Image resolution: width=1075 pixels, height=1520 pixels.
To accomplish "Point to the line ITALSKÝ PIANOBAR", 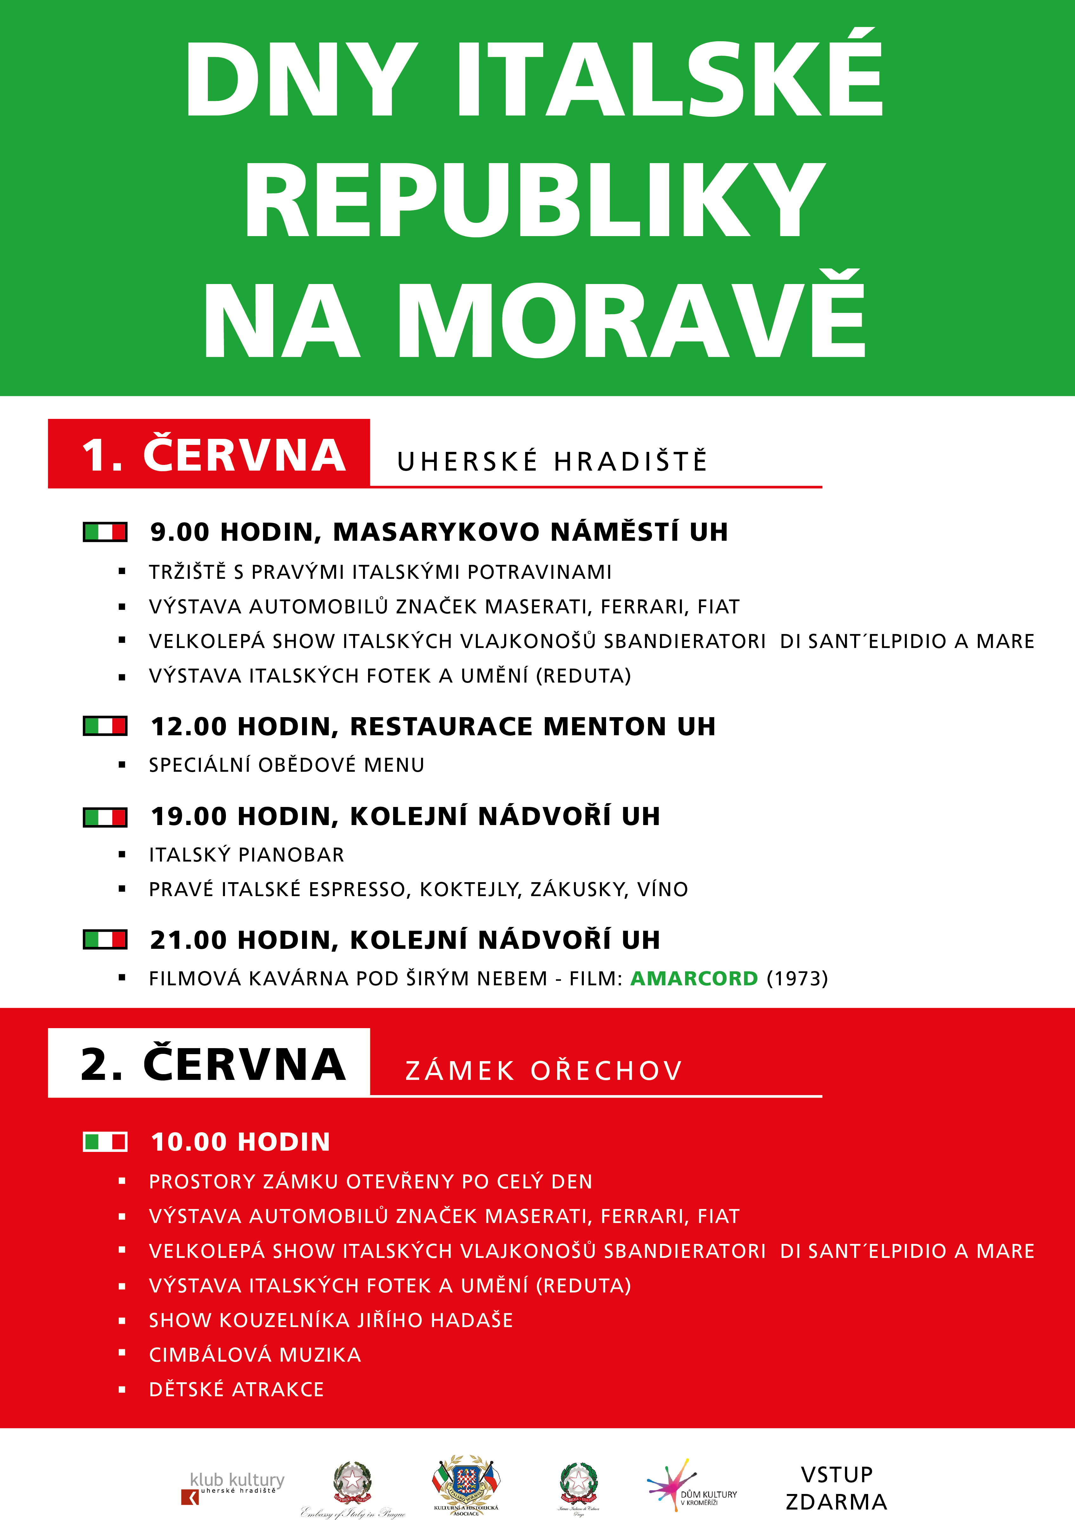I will pos(246,855).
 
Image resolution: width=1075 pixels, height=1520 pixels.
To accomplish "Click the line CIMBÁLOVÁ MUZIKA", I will pos(255,1354).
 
